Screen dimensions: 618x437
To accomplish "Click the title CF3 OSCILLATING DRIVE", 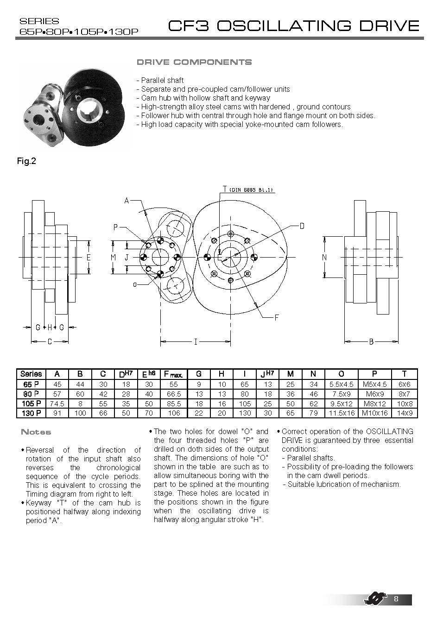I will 294,25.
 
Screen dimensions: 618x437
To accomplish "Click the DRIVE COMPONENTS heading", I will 194,62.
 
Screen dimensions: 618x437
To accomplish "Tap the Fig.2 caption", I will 26,161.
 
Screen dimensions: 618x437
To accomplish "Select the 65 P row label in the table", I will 31,384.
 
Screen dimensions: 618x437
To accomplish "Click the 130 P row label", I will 31,413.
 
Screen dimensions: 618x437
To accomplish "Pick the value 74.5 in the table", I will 57,404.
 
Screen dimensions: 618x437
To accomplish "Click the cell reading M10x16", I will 374,413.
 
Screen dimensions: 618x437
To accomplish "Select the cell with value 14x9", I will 404,413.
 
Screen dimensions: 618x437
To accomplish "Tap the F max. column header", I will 173,374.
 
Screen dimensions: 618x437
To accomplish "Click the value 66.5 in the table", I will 173,394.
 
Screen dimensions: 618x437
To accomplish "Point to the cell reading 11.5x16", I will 342,413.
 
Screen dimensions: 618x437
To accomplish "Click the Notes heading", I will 36,432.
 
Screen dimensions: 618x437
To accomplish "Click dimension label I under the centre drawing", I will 196,342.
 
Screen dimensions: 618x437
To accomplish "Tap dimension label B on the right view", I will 371,342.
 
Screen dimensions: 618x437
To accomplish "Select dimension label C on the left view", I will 50,342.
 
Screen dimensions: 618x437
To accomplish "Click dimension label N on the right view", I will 324,257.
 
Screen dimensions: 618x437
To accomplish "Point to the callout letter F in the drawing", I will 277,317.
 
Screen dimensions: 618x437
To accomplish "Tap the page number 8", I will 396,599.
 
